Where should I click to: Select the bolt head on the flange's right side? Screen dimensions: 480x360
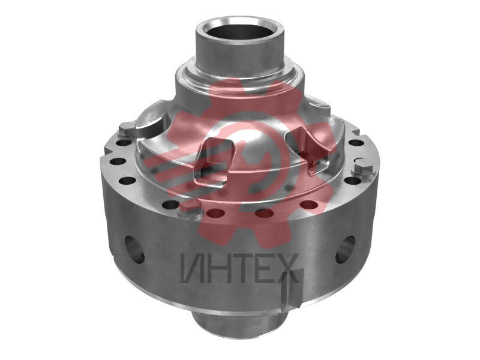[364, 170]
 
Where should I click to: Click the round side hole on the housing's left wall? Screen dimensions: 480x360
[134, 249]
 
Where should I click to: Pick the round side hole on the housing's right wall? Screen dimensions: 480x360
[346, 249]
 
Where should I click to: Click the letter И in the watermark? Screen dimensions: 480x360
[193, 268]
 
